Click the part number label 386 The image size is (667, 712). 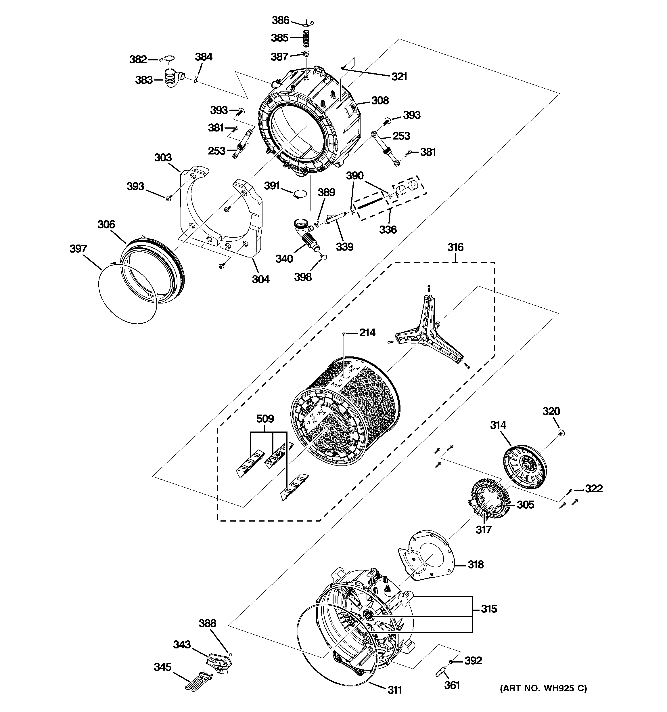[280, 20]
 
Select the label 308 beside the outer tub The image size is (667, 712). [380, 101]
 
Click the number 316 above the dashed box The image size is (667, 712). [455, 247]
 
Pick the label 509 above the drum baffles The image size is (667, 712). [265, 419]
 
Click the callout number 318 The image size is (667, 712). [476, 565]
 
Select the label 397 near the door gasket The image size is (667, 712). [78, 249]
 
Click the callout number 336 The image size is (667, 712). [388, 230]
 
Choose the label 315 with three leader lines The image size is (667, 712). [489, 609]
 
